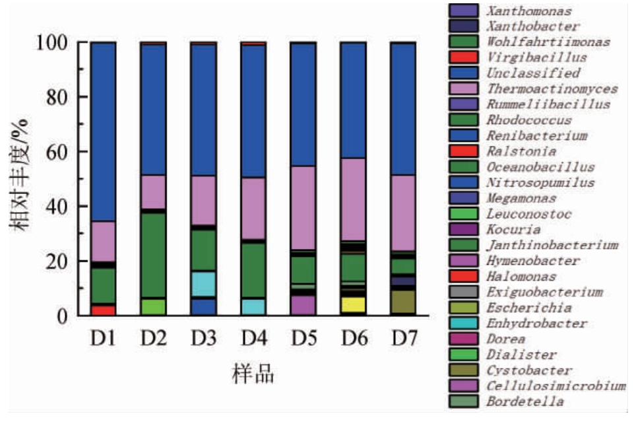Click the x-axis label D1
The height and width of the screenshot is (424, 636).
click(x=104, y=339)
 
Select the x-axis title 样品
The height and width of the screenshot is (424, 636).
click(x=253, y=374)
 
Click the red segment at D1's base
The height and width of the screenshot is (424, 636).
click(x=104, y=310)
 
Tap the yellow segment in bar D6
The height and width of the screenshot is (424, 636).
click(x=352, y=304)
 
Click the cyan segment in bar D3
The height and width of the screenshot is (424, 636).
click(x=203, y=284)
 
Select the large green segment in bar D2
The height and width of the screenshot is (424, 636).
click(x=153, y=255)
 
